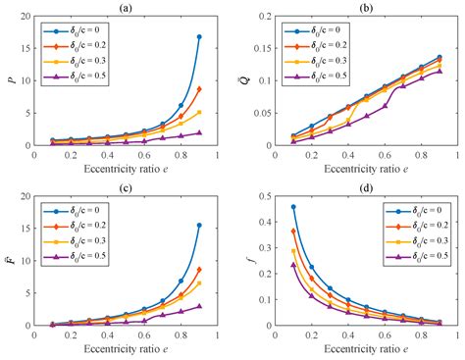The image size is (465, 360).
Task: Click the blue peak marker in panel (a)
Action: [x=199, y=37]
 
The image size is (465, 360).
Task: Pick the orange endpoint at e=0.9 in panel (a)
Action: [x=199, y=89]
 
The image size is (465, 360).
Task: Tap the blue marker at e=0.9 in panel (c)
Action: [x=199, y=226]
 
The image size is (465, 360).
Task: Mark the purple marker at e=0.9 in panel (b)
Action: [x=439, y=71]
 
